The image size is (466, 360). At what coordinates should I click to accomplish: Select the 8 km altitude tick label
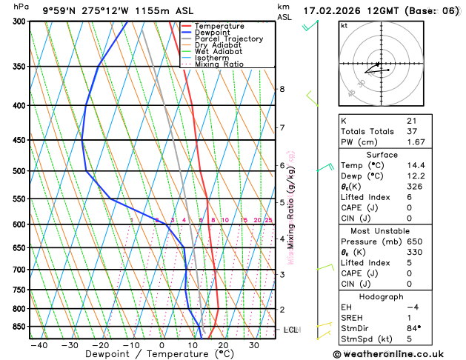[x=282, y=90]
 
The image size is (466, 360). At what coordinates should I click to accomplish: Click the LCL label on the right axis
[x=290, y=330]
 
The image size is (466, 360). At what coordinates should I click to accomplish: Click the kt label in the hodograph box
[x=344, y=25]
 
